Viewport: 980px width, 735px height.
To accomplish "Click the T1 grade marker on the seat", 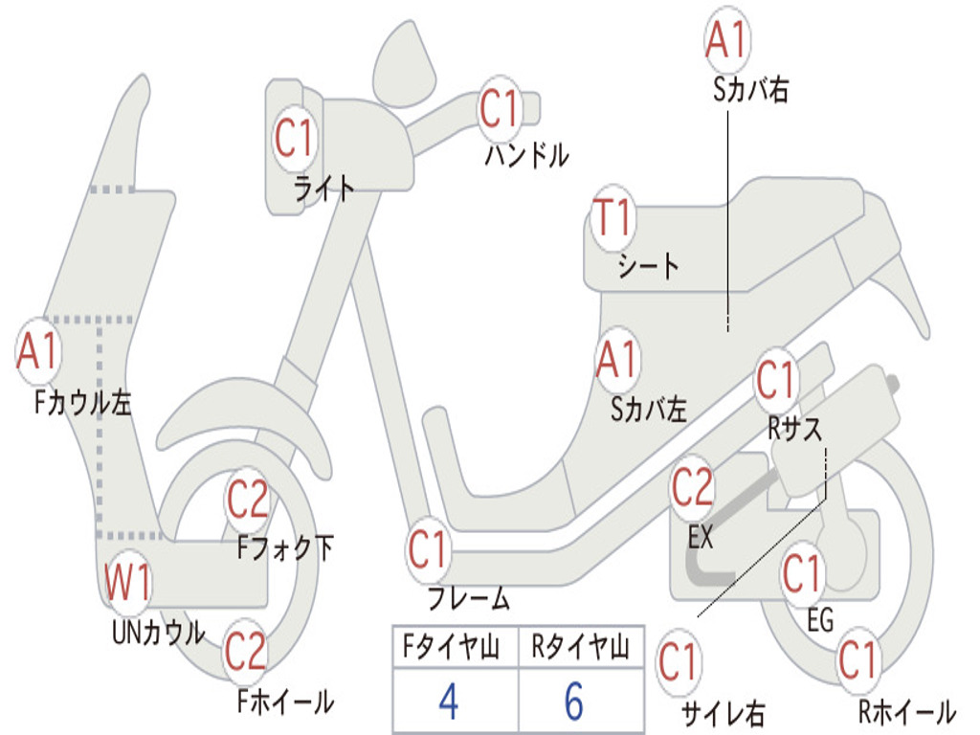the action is pos(612,217).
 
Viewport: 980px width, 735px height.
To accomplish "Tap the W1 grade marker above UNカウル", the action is pos(127,582).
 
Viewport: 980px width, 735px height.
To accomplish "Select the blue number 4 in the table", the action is pos(449,701).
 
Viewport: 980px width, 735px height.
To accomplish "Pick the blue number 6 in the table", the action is pos(574,701).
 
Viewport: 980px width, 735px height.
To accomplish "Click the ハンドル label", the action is pos(527,155).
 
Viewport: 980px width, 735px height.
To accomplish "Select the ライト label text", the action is pos(324,188).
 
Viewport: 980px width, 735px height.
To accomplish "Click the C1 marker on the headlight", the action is pos(294,138).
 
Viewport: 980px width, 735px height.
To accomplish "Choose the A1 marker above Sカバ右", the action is pos(727,39).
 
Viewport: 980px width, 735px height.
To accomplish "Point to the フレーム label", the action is pos(469,598).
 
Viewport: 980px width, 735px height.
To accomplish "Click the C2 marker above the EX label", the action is pos(692,487).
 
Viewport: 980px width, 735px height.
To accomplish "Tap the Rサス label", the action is pos(794,429).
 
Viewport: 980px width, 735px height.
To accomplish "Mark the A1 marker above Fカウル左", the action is pos(38,350).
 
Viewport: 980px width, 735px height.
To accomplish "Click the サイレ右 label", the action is pos(724,714).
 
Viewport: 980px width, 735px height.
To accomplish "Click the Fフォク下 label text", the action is pos(285,547).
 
